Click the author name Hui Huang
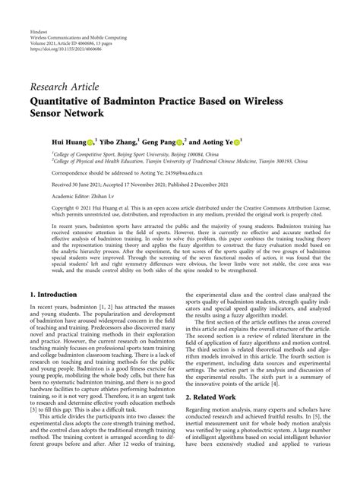pyautogui.click(x=68, y=141)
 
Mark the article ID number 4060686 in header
pyautogui.click(x=116, y=48)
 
